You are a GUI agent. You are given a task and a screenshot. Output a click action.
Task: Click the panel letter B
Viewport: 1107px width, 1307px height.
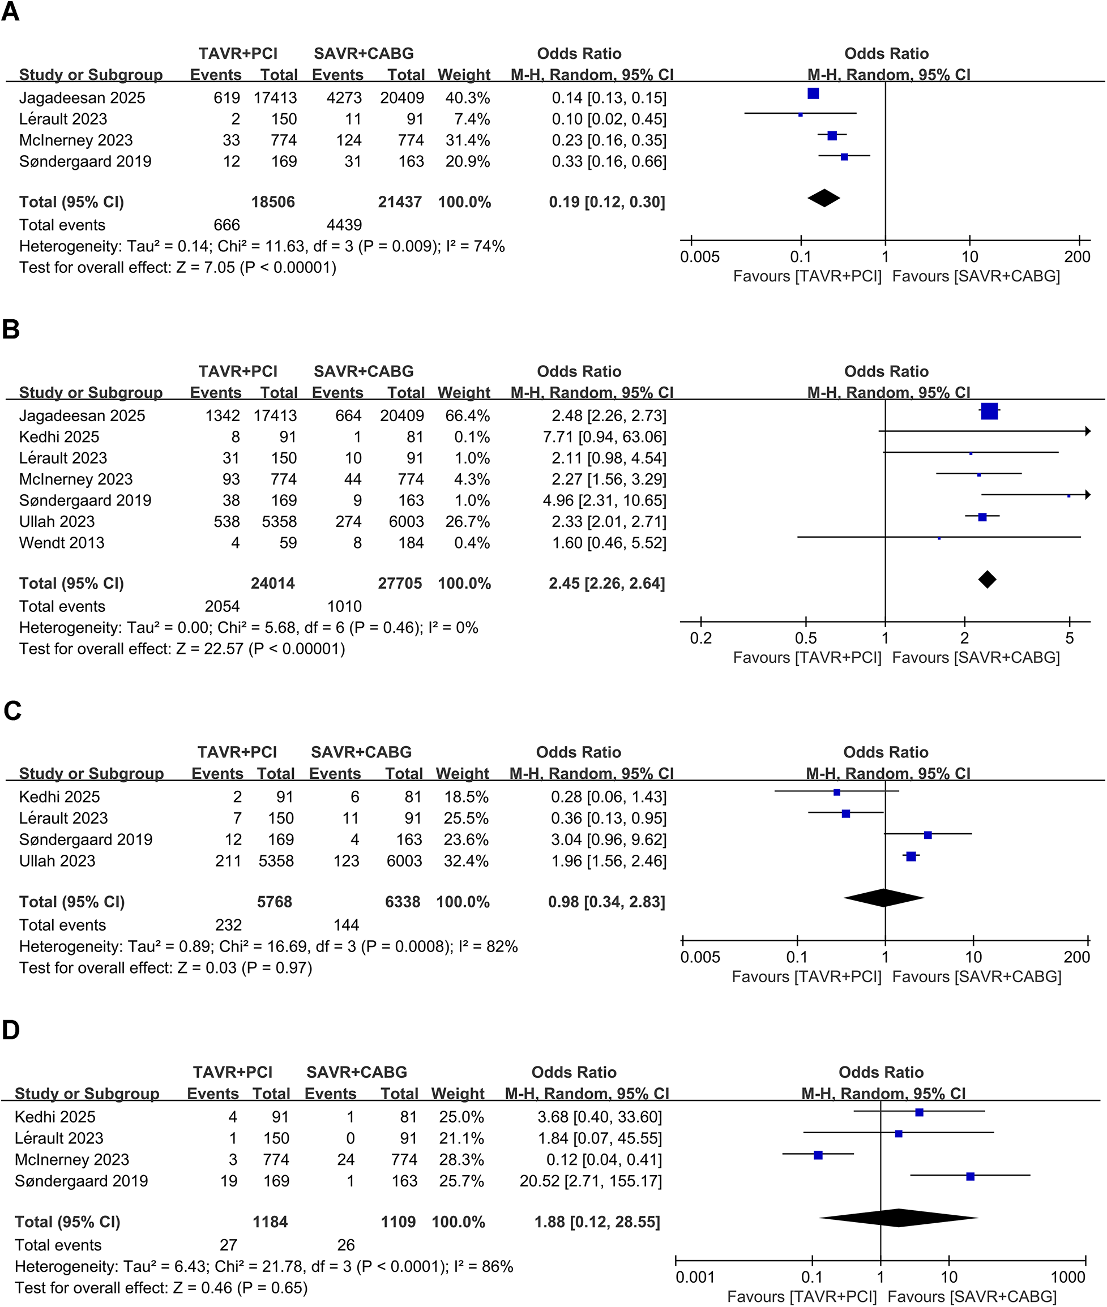(11, 329)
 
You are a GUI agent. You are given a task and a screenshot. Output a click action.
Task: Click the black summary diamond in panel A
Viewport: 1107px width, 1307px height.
(823, 198)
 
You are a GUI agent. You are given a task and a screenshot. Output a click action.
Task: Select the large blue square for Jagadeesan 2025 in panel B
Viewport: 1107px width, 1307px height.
(989, 412)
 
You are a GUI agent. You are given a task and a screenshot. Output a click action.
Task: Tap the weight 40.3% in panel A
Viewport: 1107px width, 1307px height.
(468, 98)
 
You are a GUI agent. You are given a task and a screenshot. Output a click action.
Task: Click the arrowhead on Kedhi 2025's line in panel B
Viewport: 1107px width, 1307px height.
(1087, 431)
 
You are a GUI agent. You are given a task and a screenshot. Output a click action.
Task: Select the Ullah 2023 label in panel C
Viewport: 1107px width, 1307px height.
(57, 860)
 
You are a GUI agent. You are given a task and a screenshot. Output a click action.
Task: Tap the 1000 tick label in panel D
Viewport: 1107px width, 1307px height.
(1067, 1277)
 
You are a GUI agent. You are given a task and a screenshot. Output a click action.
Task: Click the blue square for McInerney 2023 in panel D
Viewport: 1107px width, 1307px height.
(818, 1155)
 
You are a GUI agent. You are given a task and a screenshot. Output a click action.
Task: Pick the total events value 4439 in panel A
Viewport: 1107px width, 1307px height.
(344, 225)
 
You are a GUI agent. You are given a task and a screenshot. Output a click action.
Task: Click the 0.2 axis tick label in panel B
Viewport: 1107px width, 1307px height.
(700, 638)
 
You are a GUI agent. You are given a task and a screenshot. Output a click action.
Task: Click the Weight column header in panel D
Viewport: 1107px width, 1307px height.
(458, 1094)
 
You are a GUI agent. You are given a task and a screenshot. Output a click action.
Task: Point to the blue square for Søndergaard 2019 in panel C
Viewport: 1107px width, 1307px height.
(928, 835)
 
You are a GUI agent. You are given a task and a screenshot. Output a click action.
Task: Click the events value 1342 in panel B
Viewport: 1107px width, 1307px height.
(222, 416)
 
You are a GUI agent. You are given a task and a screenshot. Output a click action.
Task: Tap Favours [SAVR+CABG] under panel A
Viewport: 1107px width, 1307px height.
(976, 276)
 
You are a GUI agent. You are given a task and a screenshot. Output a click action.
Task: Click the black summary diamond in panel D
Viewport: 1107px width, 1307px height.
(898, 1218)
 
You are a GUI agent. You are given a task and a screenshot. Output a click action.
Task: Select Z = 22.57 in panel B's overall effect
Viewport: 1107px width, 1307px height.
(209, 649)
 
